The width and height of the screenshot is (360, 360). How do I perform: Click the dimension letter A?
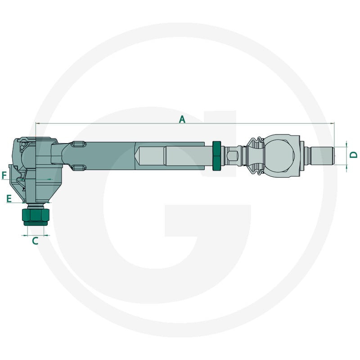click(182, 119)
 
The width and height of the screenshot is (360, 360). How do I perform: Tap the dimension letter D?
click(354, 154)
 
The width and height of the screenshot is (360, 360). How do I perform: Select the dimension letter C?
click(35, 241)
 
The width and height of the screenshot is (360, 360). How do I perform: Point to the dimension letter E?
click(9, 198)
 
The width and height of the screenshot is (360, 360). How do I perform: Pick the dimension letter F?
click(4, 175)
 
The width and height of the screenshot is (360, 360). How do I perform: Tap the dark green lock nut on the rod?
click(217, 156)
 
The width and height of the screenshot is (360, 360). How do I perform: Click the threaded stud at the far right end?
click(322, 156)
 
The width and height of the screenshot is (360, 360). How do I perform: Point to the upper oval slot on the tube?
click(78, 144)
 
